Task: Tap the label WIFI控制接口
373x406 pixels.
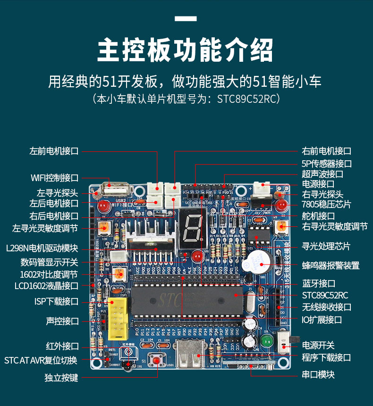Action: point(54,178)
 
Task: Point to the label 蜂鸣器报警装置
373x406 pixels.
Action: point(331,265)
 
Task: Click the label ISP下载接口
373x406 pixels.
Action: point(56,301)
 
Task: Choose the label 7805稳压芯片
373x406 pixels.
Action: point(326,204)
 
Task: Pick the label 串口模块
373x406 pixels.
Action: point(318,375)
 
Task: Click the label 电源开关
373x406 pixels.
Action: point(318,345)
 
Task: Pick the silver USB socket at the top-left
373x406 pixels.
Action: point(115,189)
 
